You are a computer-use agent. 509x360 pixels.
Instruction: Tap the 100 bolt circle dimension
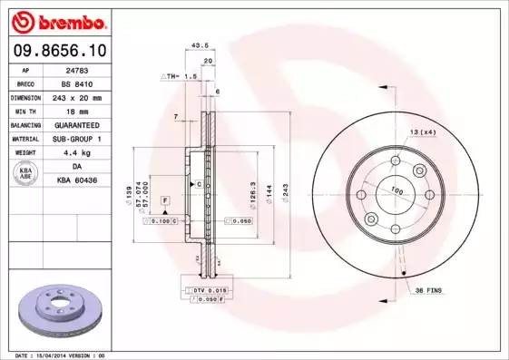coord(396,190)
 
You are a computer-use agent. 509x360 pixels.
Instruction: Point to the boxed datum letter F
coord(165,199)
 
